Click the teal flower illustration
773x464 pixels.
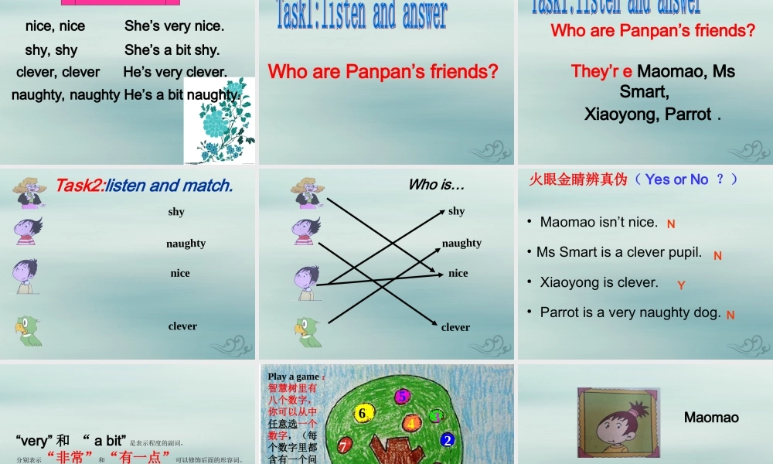[x=219, y=121]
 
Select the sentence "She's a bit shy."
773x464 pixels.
[x=172, y=50]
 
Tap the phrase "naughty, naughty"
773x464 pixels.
[x=66, y=95]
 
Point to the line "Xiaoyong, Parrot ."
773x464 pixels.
[x=652, y=114]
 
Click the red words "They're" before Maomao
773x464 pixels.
[x=601, y=72]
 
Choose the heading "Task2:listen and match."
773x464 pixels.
[x=144, y=186]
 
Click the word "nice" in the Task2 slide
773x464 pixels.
[x=180, y=273]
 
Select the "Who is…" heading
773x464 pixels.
[x=436, y=185]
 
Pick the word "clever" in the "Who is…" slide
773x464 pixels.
[x=455, y=327]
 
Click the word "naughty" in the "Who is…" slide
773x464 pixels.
[x=461, y=243]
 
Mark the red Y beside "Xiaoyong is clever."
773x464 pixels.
[x=681, y=285]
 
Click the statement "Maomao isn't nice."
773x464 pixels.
[x=598, y=223]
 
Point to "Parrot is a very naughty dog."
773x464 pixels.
[x=630, y=312]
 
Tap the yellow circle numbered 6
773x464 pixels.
[x=361, y=414]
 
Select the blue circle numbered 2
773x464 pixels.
[x=447, y=440]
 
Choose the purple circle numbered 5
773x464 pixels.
[x=402, y=396]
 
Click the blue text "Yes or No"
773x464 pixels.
[x=676, y=179]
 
